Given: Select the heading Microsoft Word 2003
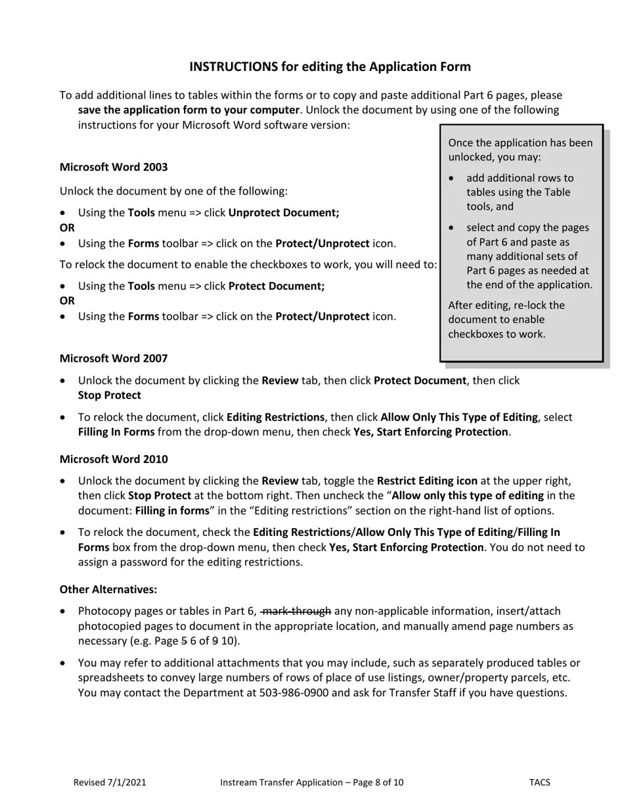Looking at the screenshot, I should point(113,167).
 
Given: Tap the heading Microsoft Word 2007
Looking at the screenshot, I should point(113,358).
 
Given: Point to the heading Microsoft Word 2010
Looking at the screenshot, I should point(113,459).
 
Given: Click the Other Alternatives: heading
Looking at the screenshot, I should point(108,589).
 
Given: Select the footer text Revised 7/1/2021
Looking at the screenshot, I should point(110,782).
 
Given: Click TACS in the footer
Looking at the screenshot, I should point(539,782).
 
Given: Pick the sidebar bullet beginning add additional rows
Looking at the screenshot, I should point(519,192).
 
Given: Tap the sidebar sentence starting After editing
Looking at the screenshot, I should point(506,319).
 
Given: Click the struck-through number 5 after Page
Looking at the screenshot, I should point(183,640).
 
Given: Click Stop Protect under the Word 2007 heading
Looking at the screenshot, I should point(109,395).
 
